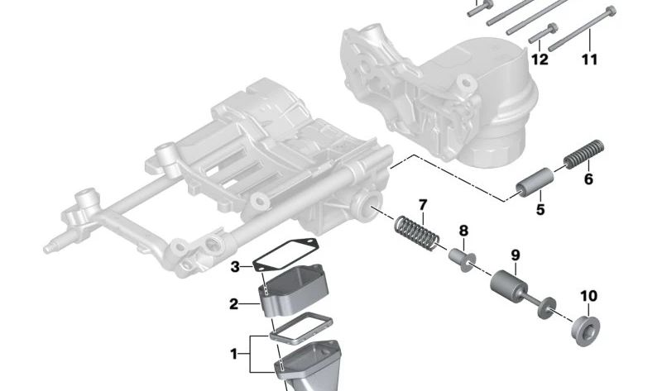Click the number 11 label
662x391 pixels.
point(588,60)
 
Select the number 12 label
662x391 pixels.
point(540,60)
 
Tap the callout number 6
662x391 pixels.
point(588,178)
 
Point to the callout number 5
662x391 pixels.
point(540,210)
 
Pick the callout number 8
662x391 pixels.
point(463,231)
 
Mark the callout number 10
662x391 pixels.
point(588,296)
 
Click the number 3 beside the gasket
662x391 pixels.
point(235,266)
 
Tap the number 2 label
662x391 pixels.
point(234,304)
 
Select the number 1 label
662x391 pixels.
point(233,354)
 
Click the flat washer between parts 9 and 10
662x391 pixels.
point(545,311)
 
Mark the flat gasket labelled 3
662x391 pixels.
point(285,255)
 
